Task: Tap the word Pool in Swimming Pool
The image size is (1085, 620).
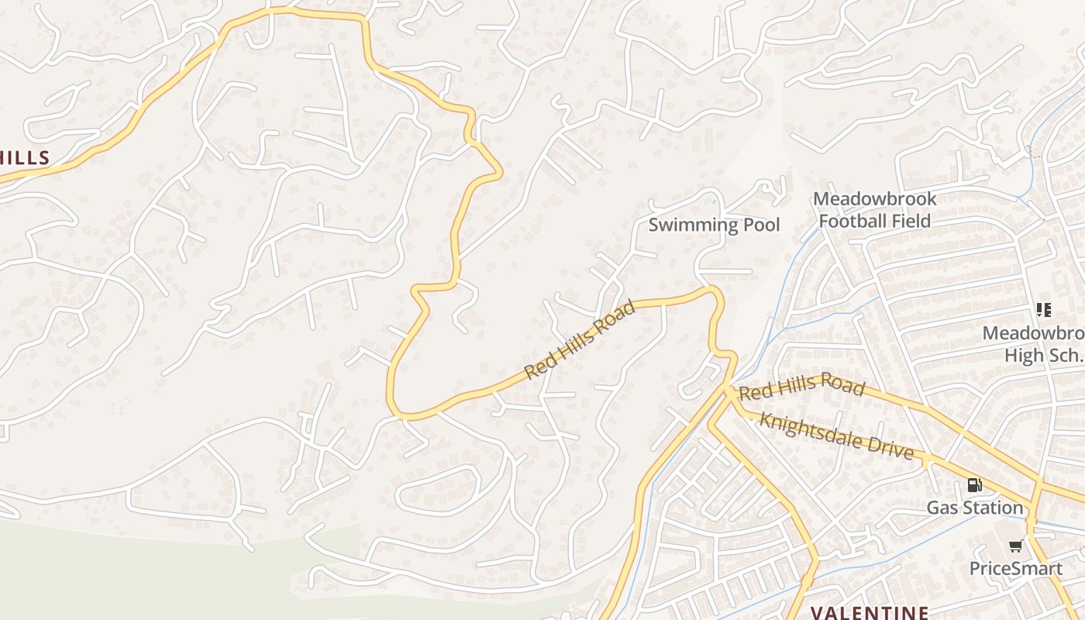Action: [761, 225]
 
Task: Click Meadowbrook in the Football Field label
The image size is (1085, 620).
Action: [874, 199]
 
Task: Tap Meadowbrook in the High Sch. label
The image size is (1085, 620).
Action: [1034, 333]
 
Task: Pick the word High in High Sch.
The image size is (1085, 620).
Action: [1025, 356]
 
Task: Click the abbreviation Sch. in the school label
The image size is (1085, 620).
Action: [1065, 356]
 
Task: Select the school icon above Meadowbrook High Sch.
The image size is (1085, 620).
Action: [1044, 311]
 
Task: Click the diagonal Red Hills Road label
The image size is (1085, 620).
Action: [580, 339]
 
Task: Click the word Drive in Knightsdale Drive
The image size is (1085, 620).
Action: [891, 447]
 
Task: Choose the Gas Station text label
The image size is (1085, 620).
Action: [975, 508]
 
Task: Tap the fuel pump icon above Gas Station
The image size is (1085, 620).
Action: [974, 486]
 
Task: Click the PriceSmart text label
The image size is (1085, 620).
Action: [1015, 568]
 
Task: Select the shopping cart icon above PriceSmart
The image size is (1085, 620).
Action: [1015, 546]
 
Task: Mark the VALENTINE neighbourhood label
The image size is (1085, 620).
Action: [870, 612]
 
